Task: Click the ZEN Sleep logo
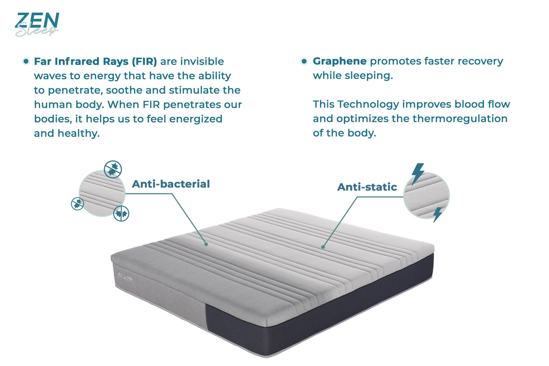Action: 37,24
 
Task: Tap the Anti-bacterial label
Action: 171,184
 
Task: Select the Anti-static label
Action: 367,187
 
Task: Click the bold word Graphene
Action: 340,61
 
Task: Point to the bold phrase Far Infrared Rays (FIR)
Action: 95,62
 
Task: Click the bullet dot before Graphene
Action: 304,61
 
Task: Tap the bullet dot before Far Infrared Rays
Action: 26,61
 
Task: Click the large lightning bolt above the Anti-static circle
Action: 417,174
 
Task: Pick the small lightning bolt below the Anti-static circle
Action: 437,215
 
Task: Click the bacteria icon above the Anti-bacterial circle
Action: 113,169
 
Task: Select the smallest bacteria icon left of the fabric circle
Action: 77,204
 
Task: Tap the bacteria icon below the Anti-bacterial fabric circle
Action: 121,214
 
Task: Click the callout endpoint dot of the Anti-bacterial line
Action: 206,244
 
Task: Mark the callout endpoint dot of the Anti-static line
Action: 323,247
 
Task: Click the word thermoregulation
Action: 460,119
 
